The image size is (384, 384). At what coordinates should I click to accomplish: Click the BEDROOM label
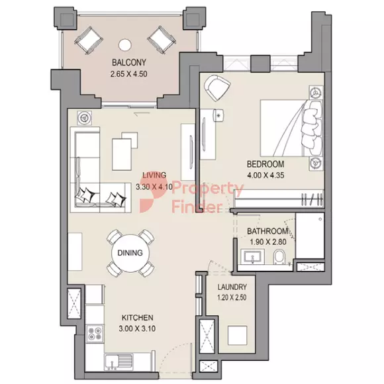(x=265, y=164)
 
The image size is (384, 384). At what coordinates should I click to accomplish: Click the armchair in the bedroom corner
(x=216, y=89)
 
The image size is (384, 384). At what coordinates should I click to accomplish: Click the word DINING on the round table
(x=130, y=252)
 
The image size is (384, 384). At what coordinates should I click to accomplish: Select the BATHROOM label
(x=267, y=231)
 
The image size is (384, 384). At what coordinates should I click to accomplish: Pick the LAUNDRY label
(x=232, y=287)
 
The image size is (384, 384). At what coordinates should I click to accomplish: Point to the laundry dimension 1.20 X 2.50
(x=232, y=298)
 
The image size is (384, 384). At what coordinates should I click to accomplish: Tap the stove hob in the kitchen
(x=95, y=334)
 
